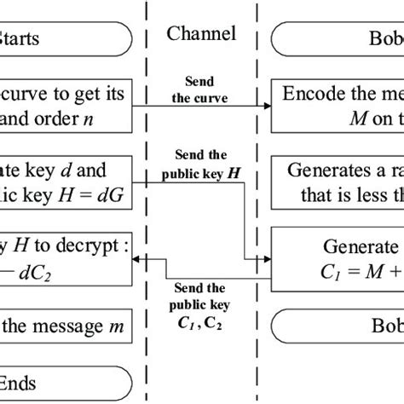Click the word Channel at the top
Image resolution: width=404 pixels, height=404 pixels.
201,37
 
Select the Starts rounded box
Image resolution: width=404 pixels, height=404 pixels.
64,38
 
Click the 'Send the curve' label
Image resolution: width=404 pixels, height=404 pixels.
201,89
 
